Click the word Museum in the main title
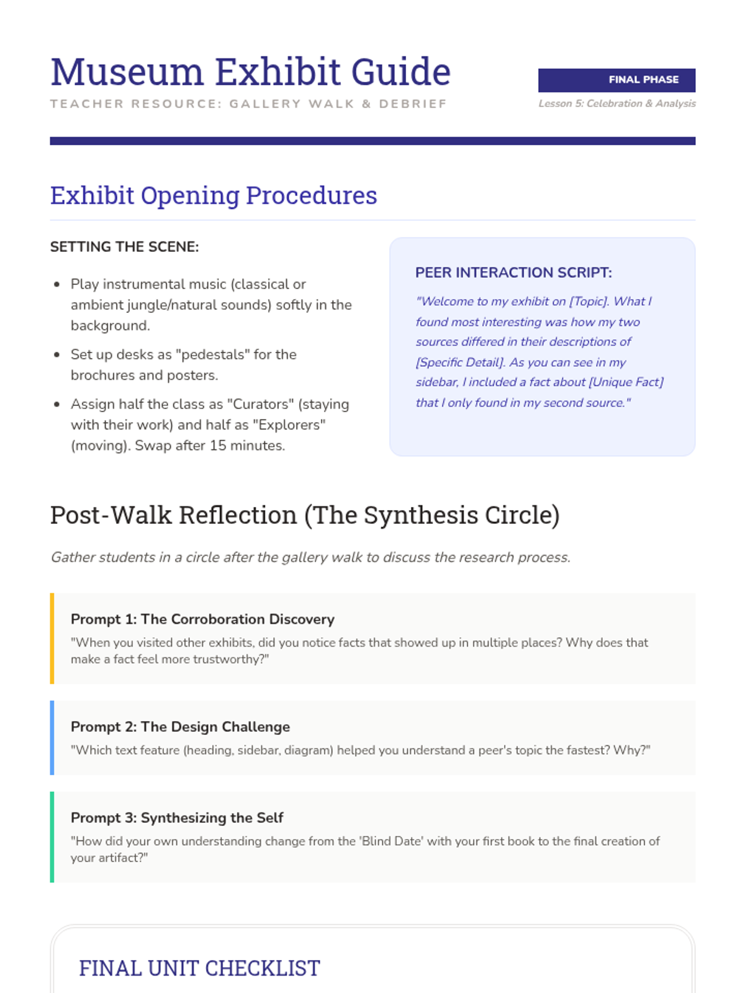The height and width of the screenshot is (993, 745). point(127,72)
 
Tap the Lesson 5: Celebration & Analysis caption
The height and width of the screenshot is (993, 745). point(616,104)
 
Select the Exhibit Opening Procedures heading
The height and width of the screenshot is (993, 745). point(214,195)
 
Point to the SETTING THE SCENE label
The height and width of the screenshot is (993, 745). point(124,247)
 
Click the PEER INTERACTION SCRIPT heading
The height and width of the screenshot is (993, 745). point(513,272)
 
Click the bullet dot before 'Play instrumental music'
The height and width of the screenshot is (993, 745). point(57,285)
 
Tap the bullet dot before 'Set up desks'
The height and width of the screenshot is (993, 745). point(57,355)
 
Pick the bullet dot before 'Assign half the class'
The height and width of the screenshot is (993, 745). point(57,405)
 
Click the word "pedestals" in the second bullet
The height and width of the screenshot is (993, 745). point(212,354)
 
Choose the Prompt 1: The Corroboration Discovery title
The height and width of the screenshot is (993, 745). point(202,619)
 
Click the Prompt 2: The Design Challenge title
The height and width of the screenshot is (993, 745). point(180,727)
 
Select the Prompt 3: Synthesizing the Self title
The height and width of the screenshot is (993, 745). point(177,818)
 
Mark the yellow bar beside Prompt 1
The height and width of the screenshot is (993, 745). point(52,639)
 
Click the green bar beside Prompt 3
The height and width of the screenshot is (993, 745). point(52,837)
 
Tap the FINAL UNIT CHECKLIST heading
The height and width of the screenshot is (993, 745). point(199,968)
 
